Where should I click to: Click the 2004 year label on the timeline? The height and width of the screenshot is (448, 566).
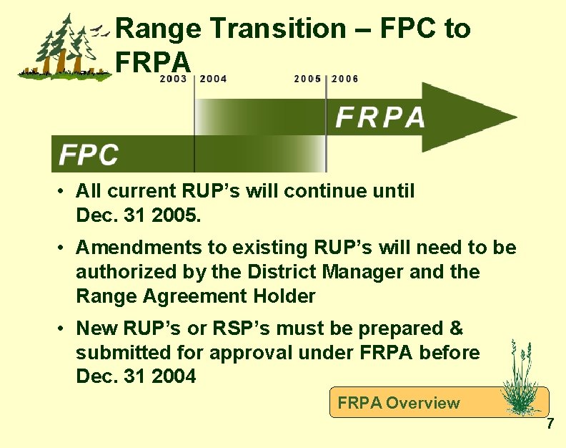click(214, 79)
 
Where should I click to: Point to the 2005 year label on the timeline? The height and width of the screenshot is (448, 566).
click(307, 79)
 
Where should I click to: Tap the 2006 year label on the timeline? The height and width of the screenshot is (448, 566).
click(345, 79)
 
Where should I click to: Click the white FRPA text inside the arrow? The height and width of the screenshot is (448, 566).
click(380, 117)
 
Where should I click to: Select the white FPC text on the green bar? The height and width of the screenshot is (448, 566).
click(89, 154)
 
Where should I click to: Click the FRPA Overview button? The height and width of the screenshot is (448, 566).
click(399, 403)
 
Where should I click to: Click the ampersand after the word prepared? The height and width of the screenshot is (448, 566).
click(455, 328)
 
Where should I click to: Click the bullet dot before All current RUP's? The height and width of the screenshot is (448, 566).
click(63, 192)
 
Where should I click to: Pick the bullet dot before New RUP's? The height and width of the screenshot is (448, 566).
click(63, 329)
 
